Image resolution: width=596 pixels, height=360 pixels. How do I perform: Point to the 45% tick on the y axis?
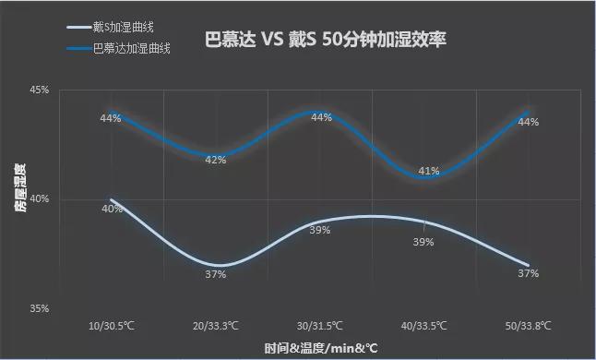(40, 90)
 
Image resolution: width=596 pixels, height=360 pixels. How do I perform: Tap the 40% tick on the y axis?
(40, 199)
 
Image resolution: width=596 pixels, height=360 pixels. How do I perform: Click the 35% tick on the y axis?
(40, 308)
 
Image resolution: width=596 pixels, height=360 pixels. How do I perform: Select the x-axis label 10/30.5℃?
(112, 326)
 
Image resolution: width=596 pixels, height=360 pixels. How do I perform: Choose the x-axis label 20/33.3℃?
(216, 326)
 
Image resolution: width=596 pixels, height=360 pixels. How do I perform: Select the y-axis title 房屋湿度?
(19, 199)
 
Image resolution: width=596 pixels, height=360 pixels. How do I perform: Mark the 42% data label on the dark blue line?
(216, 160)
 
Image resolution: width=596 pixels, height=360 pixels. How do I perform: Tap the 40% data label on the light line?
(112, 209)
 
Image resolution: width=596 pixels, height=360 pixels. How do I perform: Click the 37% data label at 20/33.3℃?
(216, 274)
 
